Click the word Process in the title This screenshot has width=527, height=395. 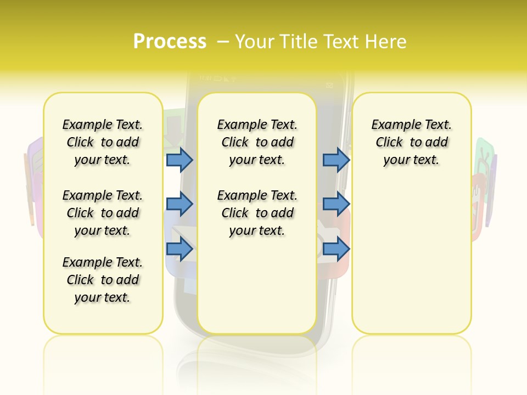[x=170, y=41]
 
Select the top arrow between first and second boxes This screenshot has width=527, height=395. [x=180, y=160]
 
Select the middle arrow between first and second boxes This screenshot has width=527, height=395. [x=180, y=204]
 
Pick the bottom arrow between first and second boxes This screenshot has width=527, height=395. [x=180, y=249]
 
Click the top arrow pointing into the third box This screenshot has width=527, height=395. [x=336, y=160]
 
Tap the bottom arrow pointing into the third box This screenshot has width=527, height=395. [x=336, y=249]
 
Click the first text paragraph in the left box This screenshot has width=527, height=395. [x=103, y=142]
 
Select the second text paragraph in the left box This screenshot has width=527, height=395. [x=103, y=213]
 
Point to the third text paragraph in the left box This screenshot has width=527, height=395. [x=103, y=280]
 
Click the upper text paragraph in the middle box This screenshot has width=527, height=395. [x=257, y=142]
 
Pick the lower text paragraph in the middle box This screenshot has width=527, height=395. [x=257, y=213]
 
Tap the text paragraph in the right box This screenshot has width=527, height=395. [x=412, y=142]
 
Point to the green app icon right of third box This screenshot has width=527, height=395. [x=484, y=154]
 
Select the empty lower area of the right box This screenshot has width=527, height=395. [x=412, y=263]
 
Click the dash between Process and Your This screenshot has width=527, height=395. [x=223, y=42]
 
